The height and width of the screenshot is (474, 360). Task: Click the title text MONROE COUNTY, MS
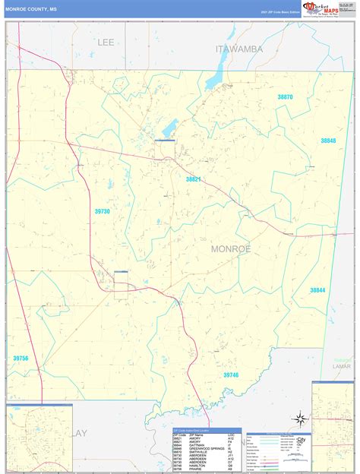click(x=31, y=8)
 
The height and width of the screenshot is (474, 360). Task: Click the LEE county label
click(x=106, y=43)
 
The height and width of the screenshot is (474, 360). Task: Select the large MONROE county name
click(x=231, y=248)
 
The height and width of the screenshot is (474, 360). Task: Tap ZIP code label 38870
click(x=286, y=97)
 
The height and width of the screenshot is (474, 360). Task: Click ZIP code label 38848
click(x=328, y=141)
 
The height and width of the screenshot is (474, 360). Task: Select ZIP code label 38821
click(x=194, y=179)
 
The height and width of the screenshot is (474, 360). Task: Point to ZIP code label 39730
click(x=102, y=211)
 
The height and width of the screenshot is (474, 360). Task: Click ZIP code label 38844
click(x=317, y=289)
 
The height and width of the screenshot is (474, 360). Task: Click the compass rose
click(x=302, y=418)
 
